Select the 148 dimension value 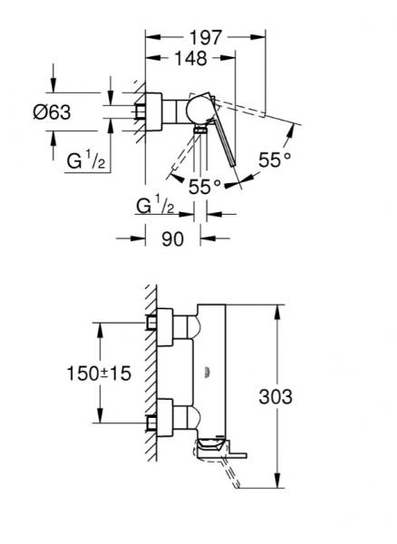191,58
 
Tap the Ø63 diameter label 75,112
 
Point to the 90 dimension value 172,239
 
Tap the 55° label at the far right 276,159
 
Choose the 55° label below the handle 205,186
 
